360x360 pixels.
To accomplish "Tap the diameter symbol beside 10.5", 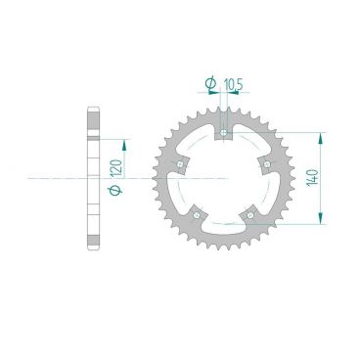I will pos(212,82).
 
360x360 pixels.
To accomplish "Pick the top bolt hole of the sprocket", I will pos(224,133).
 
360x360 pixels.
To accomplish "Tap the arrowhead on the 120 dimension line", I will pos(124,135).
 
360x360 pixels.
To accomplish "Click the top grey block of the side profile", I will pos(95,114).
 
